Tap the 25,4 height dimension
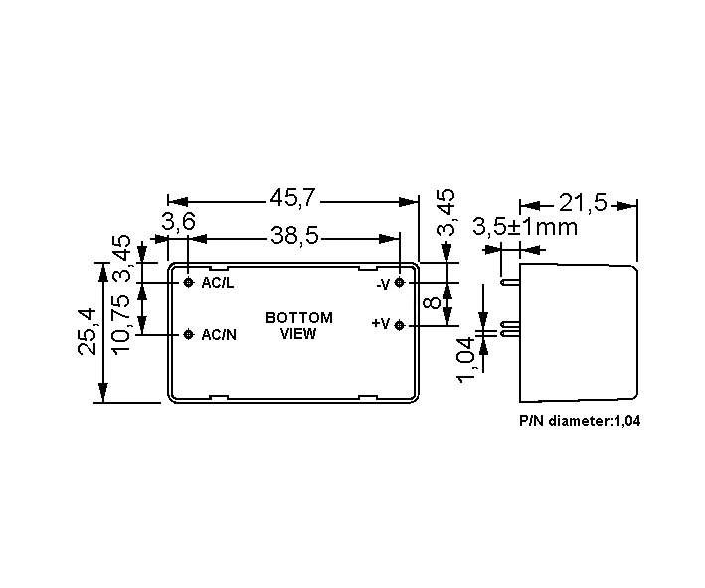87,331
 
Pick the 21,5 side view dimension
583,204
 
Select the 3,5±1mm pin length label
525,227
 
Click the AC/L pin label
218,283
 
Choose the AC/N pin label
219,335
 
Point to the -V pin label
383,284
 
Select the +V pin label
381,324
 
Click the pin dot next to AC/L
188,283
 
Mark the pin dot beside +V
399,325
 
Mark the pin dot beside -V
399,283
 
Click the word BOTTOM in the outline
299,318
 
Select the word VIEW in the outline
298,334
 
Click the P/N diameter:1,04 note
580,421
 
